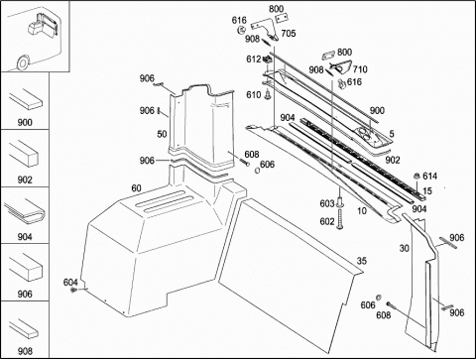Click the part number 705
[289, 34]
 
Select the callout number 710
[360, 69]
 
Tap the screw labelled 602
[340, 220]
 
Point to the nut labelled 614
[417, 176]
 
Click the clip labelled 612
[268, 60]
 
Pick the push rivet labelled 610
[268, 95]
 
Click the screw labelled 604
[73, 290]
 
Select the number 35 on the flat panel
[362, 261]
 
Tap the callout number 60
[137, 188]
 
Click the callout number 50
[162, 134]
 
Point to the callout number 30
[405, 248]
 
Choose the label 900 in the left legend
[25, 122]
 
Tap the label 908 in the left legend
[25, 351]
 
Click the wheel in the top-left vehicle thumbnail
[23, 62]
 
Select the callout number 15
[427, 190]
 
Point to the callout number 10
[362, 210]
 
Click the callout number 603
[327, 203]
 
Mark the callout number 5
[392, 134]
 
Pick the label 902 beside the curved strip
[393, 160]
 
